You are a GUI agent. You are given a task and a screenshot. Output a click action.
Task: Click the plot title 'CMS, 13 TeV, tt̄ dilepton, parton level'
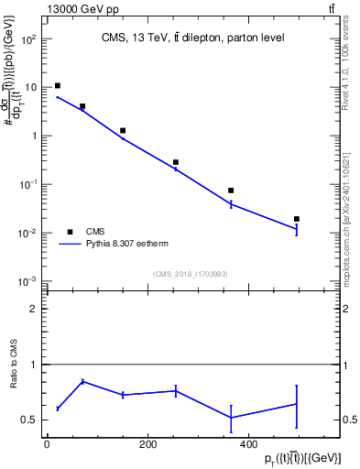(191, 38)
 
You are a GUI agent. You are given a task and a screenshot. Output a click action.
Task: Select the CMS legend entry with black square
(69, 232)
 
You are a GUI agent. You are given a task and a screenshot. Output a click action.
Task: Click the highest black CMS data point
(58, 86)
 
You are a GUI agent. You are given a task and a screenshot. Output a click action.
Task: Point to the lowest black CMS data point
(297, 219)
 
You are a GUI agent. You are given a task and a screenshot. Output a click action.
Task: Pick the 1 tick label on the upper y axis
(32, 136)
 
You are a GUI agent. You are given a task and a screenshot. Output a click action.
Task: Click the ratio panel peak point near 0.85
(82, 381)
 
